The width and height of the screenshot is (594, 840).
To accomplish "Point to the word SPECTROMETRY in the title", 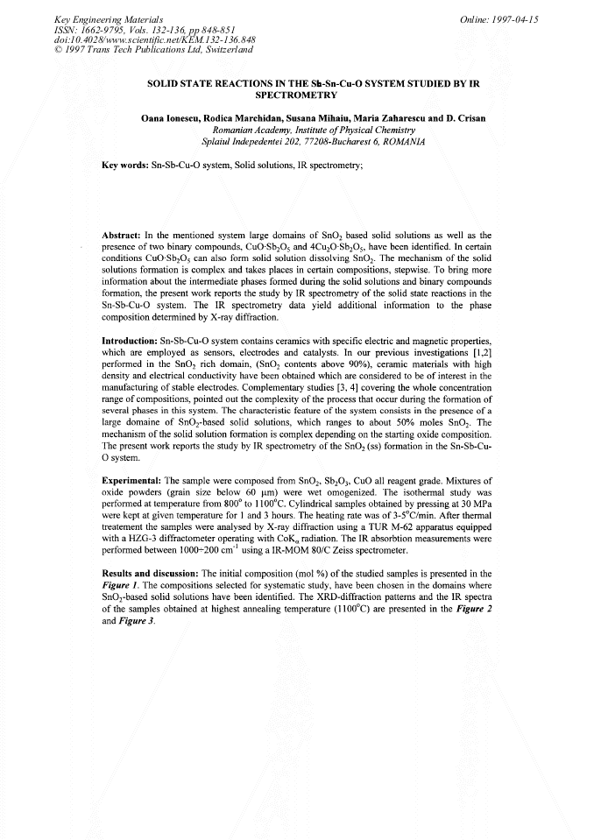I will point(295,94).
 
